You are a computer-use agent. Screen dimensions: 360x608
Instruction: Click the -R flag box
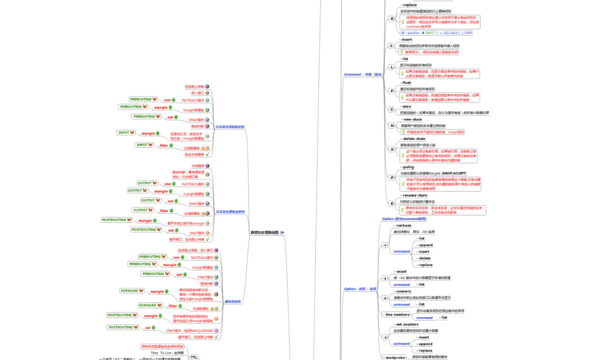tap(392, 19)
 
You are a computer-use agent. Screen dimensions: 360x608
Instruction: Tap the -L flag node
tap(392, 67)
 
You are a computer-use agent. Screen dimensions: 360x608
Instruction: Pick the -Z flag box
tap(392, 109)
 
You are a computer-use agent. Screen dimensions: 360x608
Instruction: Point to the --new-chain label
tap(412, 119)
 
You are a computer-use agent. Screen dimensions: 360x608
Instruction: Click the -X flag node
tap(392, 150)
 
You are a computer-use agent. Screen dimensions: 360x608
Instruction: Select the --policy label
tap(407, 167)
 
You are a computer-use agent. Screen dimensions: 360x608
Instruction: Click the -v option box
tap(385, 245)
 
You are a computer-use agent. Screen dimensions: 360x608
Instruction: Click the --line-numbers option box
tap(397, 314)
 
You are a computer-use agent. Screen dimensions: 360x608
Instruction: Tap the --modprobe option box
tap(394, 357)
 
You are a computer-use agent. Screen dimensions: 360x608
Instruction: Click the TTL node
tap(194, 357)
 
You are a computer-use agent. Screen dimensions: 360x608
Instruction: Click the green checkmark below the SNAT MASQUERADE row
tap(216, 337)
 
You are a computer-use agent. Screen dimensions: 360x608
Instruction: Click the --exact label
tap(401, 272)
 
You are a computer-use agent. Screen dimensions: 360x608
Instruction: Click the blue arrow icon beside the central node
tap(282, 232)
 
